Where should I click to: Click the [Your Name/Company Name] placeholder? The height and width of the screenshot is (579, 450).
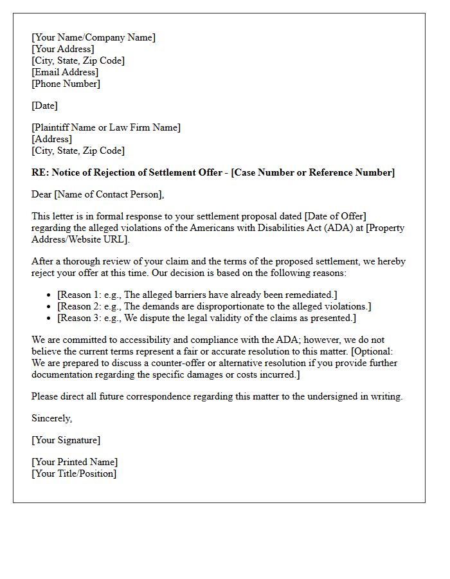[x=93, y=37]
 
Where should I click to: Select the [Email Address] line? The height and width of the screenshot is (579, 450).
[x=65, y=72]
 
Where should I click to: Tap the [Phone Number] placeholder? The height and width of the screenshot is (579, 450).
[x=66, y=84]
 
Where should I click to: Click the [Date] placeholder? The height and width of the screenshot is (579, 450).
[x=44, y=106]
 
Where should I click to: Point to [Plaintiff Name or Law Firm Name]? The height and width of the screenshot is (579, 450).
[x=106, y=127]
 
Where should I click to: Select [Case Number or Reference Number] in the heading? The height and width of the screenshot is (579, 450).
[x=313, y=172]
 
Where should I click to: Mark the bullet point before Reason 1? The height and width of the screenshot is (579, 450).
[x=50, y=295]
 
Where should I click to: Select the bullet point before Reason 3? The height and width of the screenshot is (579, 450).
[x=50, y=318]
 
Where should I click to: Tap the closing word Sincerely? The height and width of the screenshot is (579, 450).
[x=51, y=418]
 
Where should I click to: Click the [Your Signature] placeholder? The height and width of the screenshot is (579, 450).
[x=66, y=440]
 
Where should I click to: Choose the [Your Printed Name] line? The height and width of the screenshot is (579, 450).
[x=75, y=462]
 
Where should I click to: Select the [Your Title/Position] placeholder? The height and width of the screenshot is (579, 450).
[x=74, y=473]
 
